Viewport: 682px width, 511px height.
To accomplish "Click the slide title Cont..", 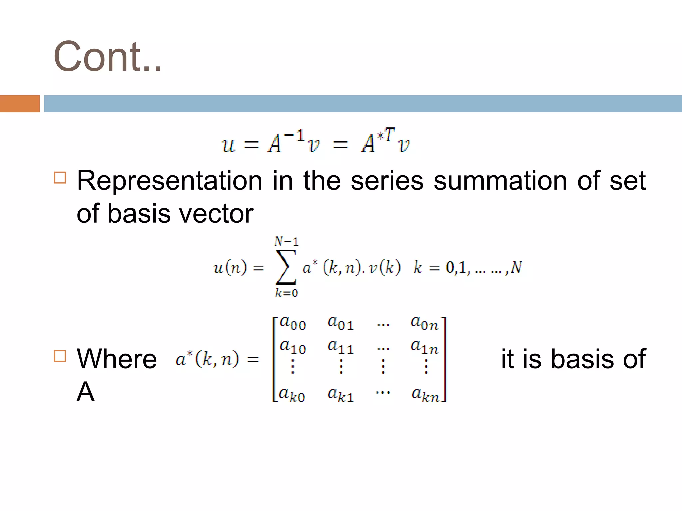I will click(107, 57).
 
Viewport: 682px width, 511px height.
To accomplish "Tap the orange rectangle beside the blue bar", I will click(20, 104).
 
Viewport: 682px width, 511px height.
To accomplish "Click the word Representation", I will click(170, 181).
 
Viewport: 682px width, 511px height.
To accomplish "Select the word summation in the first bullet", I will click(500, 181).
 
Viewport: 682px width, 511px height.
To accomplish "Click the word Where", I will click(117, 359).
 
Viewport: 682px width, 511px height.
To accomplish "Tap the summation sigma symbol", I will click(286, 267).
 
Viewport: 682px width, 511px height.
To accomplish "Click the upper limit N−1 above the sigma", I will click(286, 241).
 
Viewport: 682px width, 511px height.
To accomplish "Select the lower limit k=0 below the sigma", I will click(286, 293).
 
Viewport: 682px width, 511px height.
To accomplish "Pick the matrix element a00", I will click(293, 323).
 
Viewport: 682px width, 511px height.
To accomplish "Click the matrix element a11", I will click(340, 347).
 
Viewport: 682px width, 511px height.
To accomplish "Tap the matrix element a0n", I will click(424, 323).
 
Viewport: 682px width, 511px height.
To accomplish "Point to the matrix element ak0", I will click(292, 395).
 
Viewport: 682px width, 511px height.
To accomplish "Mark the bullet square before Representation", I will click(60, 178).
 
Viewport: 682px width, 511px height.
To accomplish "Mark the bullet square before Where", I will click(60, 356).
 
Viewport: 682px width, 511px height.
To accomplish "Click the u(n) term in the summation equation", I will click(230, 267).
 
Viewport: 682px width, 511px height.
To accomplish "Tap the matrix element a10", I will click(293, 347).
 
